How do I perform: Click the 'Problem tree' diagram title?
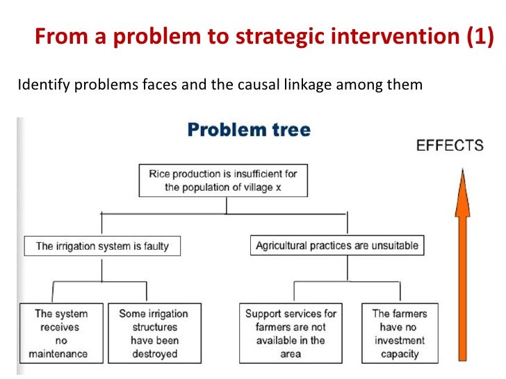pyautogui.click(x=249, y=130)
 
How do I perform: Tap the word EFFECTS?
pyautogui.click(x=449, y=145)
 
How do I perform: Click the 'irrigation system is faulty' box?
pyautogui.click(x=102, y=246)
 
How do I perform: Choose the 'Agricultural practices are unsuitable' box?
pyautogui.click(x=337, y=246)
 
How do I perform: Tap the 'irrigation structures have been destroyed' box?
pyautogui.click(x=154, y=333)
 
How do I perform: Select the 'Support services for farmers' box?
pyautogui.click(x=291, y=333)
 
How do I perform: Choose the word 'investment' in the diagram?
pyautogui.click(x=400, y=340)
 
